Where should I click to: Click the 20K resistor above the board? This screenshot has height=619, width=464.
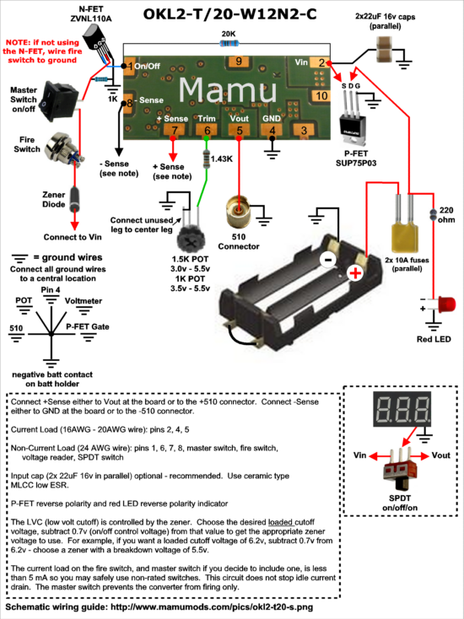229,43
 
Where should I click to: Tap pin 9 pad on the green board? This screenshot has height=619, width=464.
238,62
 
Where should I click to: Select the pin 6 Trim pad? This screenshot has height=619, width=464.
207,131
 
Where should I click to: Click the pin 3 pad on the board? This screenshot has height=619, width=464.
303,130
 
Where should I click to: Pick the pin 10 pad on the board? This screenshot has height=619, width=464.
321,95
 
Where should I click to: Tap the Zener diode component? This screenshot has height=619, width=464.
74,201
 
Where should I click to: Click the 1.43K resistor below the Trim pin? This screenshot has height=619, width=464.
206,159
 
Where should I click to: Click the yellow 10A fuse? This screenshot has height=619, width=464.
406,238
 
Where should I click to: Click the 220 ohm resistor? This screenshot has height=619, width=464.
433,215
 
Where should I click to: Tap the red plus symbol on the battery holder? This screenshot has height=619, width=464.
354,273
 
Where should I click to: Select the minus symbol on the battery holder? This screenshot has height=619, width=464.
328,260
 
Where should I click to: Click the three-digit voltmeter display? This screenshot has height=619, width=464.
402,408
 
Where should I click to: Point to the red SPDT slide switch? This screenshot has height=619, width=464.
400,467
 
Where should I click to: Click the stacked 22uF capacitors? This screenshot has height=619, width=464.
386,49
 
